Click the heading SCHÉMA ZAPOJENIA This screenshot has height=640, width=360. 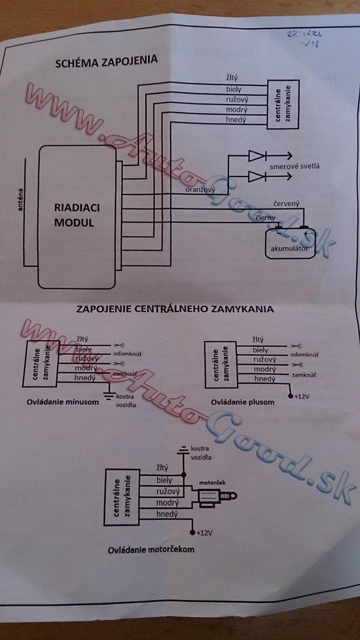[x=107, y=61]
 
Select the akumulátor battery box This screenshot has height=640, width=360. [x=289, y=243]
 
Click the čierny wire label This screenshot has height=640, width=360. [x=267, y=218]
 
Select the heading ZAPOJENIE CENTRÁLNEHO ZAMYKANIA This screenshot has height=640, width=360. [x=175, y=309]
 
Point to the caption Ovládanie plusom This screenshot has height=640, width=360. [x=243, y=402]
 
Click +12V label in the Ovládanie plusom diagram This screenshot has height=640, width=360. [x=300, y=395]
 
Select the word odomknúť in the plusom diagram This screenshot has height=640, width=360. [x=307, y=354]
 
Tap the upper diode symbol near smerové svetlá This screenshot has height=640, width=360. [x=256, y=157]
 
